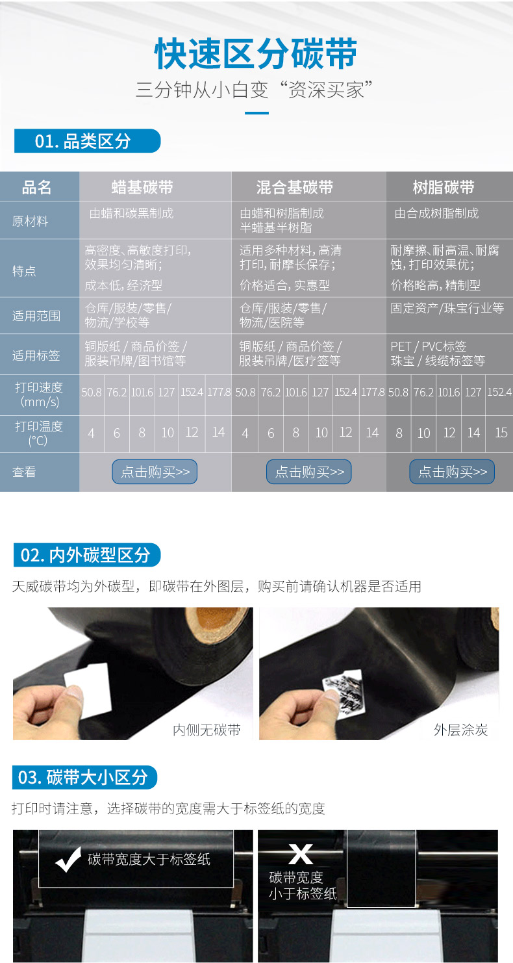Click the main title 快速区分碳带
point(256,54)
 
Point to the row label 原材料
point(31,221)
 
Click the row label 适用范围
point(36,316)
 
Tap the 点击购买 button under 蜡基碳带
point(155,472)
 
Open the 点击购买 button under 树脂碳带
point(452,472)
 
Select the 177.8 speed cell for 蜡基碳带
point(219,392)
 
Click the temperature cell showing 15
point(501,432)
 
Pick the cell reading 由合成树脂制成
point(436,213)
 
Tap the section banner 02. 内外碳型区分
point(86,554)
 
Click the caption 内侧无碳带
point(206,730)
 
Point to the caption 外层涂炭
point(460,730)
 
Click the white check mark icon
point(68,860)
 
